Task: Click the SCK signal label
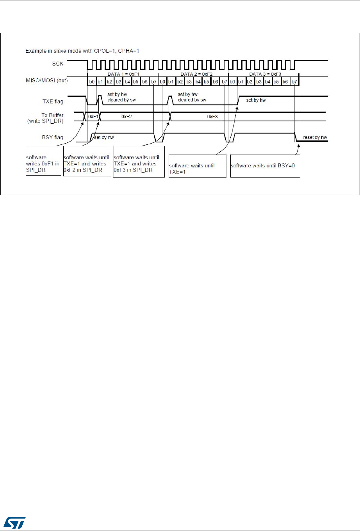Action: pos(57,64)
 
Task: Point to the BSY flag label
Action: pos(53,137)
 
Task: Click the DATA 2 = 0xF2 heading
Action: pos(196,74)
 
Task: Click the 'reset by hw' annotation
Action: pos(315,138)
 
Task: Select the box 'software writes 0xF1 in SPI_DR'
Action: pos(43,161)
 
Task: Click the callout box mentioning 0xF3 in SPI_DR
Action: pos(139,162)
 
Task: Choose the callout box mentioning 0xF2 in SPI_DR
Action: pos(87,161)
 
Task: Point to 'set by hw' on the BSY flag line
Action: pos(104,137)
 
